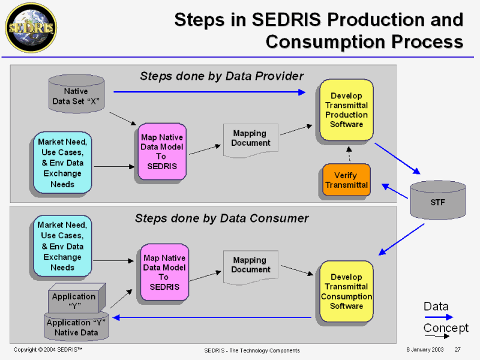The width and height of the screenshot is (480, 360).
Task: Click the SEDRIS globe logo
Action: [x=30, y=28]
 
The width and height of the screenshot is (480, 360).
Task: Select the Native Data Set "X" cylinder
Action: [x=76, y=95]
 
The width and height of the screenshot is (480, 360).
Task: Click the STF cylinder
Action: [x=438, y=200]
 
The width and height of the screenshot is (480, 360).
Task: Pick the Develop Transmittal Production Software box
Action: [x=347, y=110]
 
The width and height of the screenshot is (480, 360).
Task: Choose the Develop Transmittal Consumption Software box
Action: [x=347, y=292]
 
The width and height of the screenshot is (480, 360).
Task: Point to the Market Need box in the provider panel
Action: [x=62, y=163]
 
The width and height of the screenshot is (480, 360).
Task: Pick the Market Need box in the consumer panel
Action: [x=62, y=247]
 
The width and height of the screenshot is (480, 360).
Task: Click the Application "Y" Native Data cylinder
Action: [x=76, y=326]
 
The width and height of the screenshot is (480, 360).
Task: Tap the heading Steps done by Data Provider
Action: [x=221, y=76]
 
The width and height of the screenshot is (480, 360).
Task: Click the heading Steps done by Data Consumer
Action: [x=221, y=218]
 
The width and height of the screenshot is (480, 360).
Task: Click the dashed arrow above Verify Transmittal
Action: [x=349, y=154]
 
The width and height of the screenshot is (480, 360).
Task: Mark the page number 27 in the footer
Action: [x=457, y=350]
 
